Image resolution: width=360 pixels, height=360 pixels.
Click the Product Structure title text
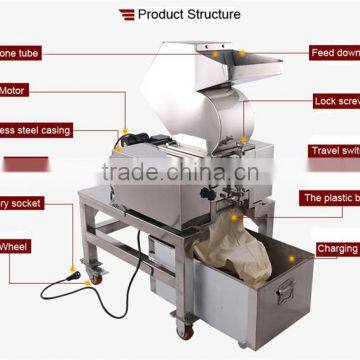tap(189, 14)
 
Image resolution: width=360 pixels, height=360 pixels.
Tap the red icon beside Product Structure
tap(127, 14)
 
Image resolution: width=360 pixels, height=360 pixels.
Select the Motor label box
tap(19, 90)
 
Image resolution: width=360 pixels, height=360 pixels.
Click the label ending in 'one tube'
tap(20, 52)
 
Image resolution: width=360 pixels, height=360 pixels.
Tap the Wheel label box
tap(19, 245)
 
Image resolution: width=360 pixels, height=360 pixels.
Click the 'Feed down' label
tap(334, 52)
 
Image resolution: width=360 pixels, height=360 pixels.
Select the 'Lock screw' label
tap(335, 101)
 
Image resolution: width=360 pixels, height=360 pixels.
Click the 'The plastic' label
tap(330, 198)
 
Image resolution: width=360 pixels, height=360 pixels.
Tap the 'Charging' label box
tap(336, 249)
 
